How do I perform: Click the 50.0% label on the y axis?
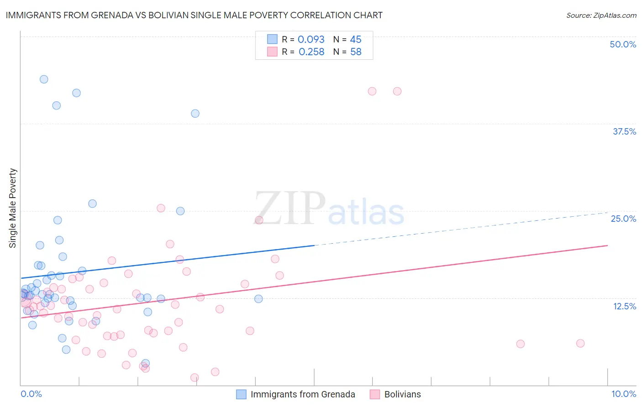coord(623,44)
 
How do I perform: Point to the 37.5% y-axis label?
coord(624,131)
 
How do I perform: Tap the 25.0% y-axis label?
coord(623,219)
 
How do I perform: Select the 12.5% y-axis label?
coord(624,306)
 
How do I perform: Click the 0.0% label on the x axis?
coord(31,394)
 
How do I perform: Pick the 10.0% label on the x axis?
coord(623,394)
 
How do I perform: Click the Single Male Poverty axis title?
coord(13,208)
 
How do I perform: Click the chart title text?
coord(194,15)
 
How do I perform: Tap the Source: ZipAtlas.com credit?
coord(601,15)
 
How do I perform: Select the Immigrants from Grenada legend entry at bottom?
coord(302,394)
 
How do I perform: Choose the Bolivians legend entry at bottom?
coord(402,394)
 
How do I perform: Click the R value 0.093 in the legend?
coord(311,40)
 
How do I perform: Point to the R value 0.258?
coord(311,52)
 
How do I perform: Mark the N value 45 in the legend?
coord(356,40)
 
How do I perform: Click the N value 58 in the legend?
coord(356,52)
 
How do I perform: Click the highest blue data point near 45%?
coord(44,79)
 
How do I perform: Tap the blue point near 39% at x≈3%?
coord(195,114)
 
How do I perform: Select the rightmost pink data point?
coord(580,343)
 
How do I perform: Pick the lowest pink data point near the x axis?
coord(195,377)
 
